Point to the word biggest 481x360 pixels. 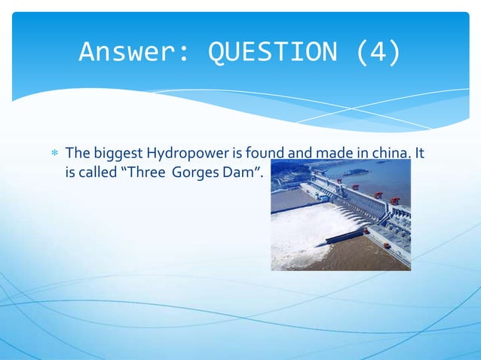117,154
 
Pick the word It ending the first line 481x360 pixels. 420,154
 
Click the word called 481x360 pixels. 96,172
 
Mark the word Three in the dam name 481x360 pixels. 145,172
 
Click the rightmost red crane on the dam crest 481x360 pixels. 395,201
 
